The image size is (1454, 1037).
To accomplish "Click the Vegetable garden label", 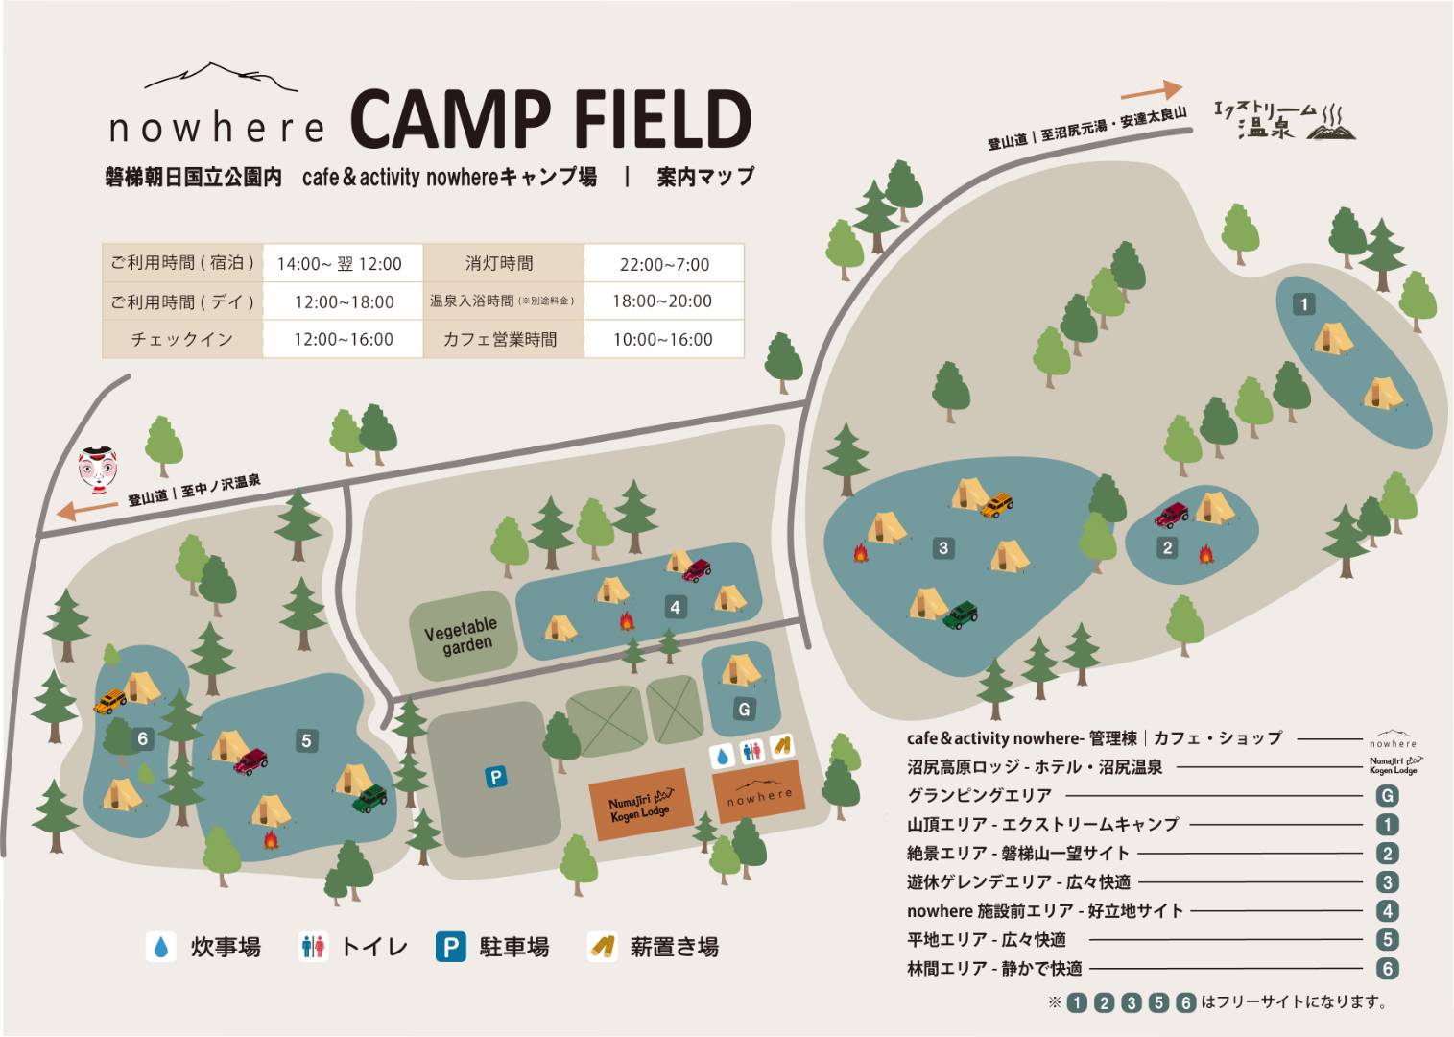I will pos(462,635).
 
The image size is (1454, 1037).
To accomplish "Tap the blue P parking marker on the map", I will pos(495,777).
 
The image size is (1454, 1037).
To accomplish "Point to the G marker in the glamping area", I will pos(744,710).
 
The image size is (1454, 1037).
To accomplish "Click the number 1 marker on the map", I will pos(1303,304).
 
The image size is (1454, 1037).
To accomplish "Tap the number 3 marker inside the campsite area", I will pos(943,547).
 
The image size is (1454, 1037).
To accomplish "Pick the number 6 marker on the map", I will pos(143,738).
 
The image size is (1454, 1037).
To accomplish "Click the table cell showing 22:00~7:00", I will pos(664,264).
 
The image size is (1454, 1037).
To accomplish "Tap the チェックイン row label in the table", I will pos(182,339).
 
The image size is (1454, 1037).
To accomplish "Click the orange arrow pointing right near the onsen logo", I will pos(1150,91).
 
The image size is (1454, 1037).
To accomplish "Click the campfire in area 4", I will pos(627,622).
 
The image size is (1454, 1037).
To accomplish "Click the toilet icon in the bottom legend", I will pos(313,947).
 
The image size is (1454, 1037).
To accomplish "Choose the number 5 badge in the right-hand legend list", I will pos(1386,940).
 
